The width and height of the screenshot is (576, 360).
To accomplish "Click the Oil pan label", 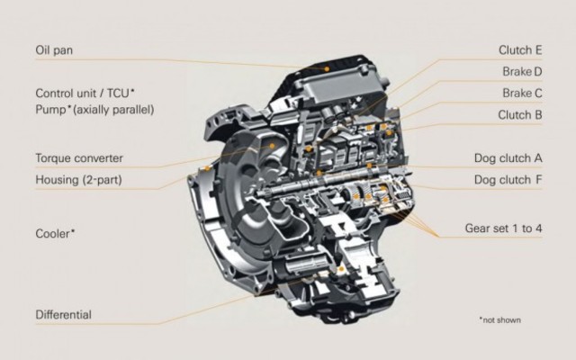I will point(54,49).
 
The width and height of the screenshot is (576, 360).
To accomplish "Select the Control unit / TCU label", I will point(85,93).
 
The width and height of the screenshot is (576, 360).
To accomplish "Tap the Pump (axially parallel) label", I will point(94,110).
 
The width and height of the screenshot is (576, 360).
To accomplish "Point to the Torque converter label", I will point(79,158).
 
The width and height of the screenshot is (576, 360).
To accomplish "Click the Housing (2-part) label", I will point(78,179).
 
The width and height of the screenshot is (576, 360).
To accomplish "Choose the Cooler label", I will point(55,232).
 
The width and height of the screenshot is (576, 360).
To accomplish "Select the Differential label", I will point(63,314).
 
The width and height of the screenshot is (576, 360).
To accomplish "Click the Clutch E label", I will point(520,49).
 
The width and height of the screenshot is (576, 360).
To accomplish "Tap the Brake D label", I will point(522,71).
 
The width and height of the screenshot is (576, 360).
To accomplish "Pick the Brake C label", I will point(522,93).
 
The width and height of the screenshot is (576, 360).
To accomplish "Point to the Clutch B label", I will point(520,114).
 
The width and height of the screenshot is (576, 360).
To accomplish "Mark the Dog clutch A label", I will point(508,158).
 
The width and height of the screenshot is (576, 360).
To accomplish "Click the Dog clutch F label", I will point(508,179).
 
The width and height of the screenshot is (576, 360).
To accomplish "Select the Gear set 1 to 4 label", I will point(503,228).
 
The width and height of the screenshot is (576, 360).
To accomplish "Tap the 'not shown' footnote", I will point(499,319).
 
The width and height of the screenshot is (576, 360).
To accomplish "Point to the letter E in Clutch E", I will point(537,49).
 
